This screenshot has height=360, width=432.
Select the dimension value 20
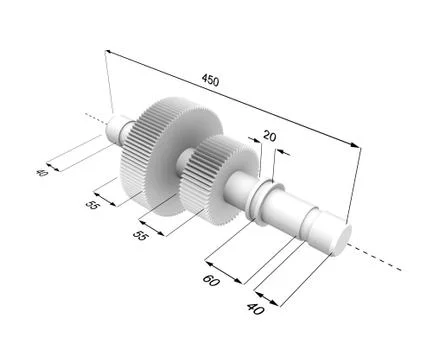click(269, 135)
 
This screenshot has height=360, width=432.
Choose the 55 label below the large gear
click(91, 205)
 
